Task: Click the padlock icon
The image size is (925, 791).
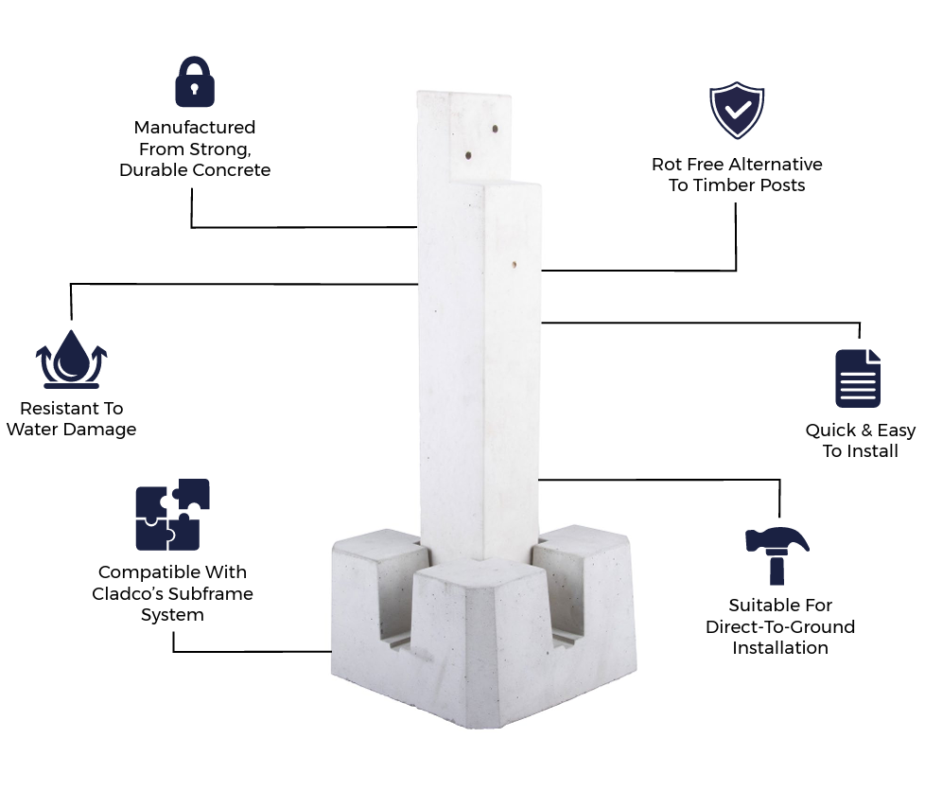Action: [195, 82]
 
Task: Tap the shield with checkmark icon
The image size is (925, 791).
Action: [737, 112]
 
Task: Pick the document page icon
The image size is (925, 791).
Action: [858, 378]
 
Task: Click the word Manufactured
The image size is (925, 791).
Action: [195, 127]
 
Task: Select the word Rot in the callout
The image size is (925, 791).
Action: [667, 165]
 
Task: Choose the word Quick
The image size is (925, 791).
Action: [831, 431]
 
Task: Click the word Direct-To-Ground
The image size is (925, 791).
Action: [780, 627]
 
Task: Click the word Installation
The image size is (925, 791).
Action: [780, 648]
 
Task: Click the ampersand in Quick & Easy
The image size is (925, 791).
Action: [867, 431]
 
